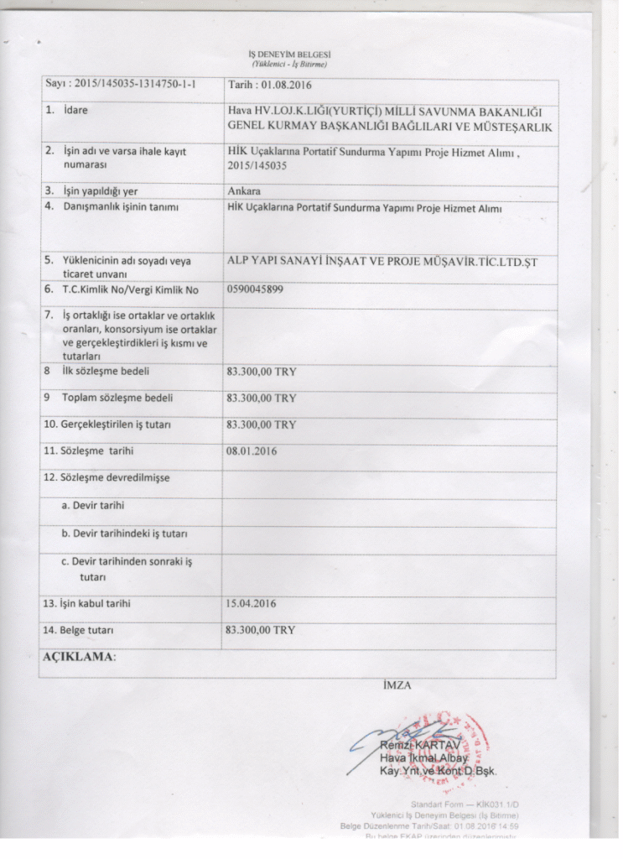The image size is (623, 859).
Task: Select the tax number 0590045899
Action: pos(255,290)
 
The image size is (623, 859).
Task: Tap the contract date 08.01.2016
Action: pos(252,451)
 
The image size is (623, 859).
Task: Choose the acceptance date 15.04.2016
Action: pos(252,603)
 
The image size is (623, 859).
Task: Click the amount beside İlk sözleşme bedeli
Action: pos(262,370)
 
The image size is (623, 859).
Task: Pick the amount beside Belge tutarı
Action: pos(262,628)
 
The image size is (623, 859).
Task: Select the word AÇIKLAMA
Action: pos(78,657)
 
